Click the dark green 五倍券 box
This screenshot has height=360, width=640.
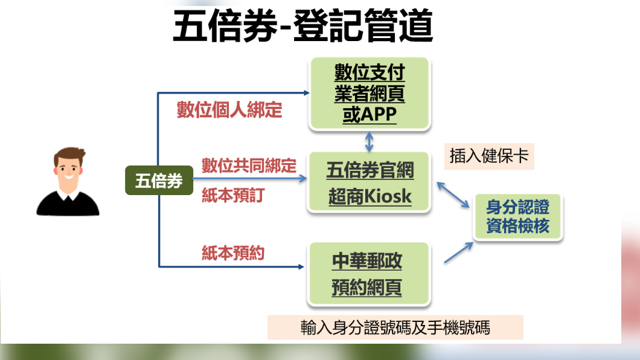pos(159,181)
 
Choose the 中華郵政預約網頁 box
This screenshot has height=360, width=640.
pos(369,274)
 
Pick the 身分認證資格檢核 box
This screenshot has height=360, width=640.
pos(517,217)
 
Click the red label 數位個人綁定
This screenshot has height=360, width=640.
pos(229,111)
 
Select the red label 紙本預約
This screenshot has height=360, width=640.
pos(232,253)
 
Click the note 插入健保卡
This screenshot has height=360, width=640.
pos(489,156)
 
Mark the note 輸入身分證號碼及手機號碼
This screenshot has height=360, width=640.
pos(395,327)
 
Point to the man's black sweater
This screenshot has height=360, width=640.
pos(68,206)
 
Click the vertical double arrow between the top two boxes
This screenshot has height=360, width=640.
pos(369,141)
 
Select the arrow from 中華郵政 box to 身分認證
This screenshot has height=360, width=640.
pos(459,252)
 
